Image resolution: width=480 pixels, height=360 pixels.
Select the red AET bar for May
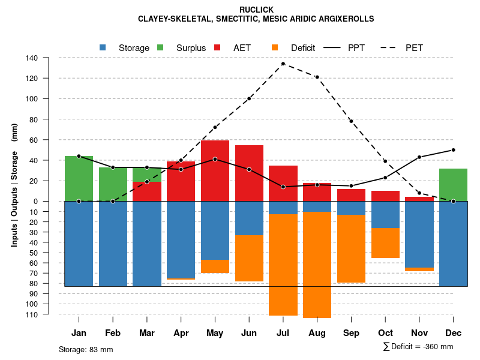coord(215,170)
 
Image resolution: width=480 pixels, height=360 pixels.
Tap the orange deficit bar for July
coord(283,265)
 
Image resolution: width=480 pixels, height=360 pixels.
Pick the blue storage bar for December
coord(453,244)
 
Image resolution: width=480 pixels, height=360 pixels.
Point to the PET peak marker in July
coord(283,64)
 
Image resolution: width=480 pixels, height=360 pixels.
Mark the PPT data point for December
coord(454,150)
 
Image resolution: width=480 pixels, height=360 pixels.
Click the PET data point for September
coord(351,121)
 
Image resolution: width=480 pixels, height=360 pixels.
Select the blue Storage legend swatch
coord(103,47)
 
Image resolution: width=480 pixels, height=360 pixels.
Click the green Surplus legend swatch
coord(160,47)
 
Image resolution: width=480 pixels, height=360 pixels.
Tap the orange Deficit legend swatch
coord(274,47)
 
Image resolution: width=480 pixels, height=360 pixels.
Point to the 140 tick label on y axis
coord(32,58)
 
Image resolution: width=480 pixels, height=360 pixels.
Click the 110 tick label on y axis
coord(32,314)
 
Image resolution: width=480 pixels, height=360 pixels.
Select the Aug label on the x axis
coord(317,333)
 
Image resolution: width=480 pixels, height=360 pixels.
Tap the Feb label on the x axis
coord(113,333)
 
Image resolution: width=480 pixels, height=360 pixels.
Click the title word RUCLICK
coord(256,10)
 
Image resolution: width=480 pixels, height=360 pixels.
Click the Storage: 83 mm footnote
coord(86,349)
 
